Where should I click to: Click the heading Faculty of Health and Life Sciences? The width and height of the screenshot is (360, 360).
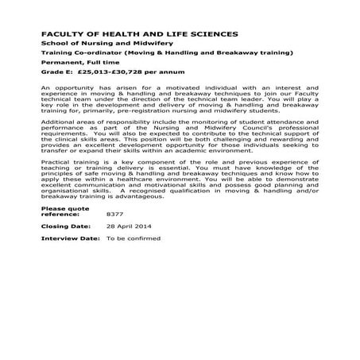[x=138, y=35]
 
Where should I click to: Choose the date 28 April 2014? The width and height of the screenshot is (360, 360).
[x=129, y=226]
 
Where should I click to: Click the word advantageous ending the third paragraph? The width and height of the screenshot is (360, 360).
[x=138, y=195]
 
